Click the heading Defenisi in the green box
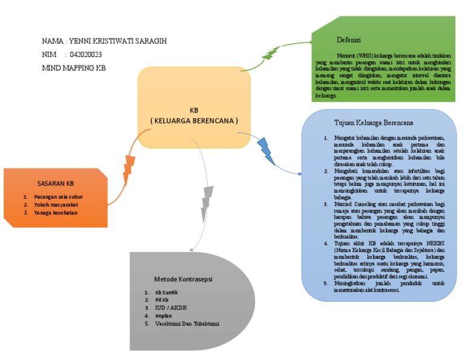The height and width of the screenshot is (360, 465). pyautogui.click(x=349, y=40)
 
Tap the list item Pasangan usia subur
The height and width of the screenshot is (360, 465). pyautogui.click(x=58, y=196)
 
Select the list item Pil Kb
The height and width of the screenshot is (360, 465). pyautogui.click(x=161, y=300)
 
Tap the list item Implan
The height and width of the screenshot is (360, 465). pyautogui.click(x=163, y=316)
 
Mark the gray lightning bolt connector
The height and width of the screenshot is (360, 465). pyautogui.click(x=206, y=203)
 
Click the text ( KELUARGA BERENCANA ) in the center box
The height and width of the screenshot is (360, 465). pyautogui.click(x=194, y=121)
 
